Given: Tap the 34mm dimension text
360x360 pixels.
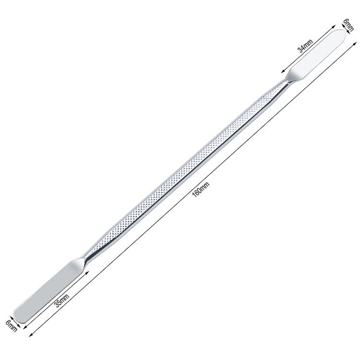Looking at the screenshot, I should pos(306,47).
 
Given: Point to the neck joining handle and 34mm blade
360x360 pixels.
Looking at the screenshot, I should pos(280,86).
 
